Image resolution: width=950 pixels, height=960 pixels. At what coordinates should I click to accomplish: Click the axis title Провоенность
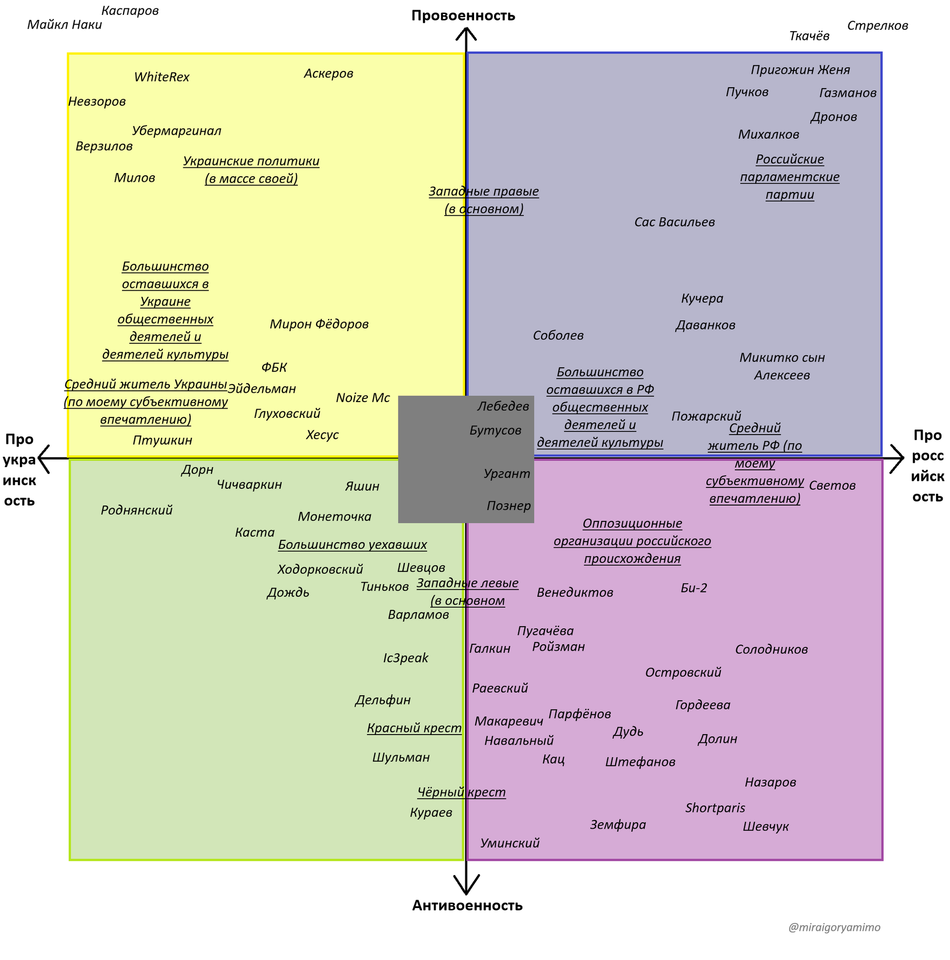tap(463, 16)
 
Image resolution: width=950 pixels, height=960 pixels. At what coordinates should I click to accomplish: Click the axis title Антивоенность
tap(467, 905)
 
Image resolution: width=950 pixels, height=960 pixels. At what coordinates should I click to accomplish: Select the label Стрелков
tap(878, 26)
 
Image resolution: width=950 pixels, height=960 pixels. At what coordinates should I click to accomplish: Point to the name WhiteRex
tap(161, 77)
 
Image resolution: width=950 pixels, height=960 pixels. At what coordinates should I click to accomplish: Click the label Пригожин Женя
tap(800, 70)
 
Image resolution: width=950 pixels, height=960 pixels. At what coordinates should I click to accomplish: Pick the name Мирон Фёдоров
tap(319, 325)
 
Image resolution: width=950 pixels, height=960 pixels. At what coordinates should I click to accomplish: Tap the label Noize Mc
tap(363, 398)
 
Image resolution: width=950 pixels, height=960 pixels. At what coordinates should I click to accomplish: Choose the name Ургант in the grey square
tap(507, 474)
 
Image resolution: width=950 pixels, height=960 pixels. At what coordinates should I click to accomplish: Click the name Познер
tap(508, 506)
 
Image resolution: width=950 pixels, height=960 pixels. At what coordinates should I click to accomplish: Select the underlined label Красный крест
tap(414, 729)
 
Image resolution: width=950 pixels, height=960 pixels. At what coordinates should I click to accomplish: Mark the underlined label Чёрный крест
tap(462, 793)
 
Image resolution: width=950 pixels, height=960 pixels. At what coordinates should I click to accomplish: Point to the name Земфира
tap(618, 825)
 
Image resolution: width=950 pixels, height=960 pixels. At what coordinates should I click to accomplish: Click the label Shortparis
tap(715, 808)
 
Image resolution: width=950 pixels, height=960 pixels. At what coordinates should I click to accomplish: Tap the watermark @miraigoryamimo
tap(834, 928)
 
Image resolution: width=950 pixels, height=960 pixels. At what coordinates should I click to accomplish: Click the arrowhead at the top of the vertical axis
tap(466, 32)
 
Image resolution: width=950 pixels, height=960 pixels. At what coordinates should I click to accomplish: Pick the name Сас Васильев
tap(674, 222)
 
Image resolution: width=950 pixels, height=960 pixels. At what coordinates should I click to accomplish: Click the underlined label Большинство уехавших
tap(353, 545)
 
